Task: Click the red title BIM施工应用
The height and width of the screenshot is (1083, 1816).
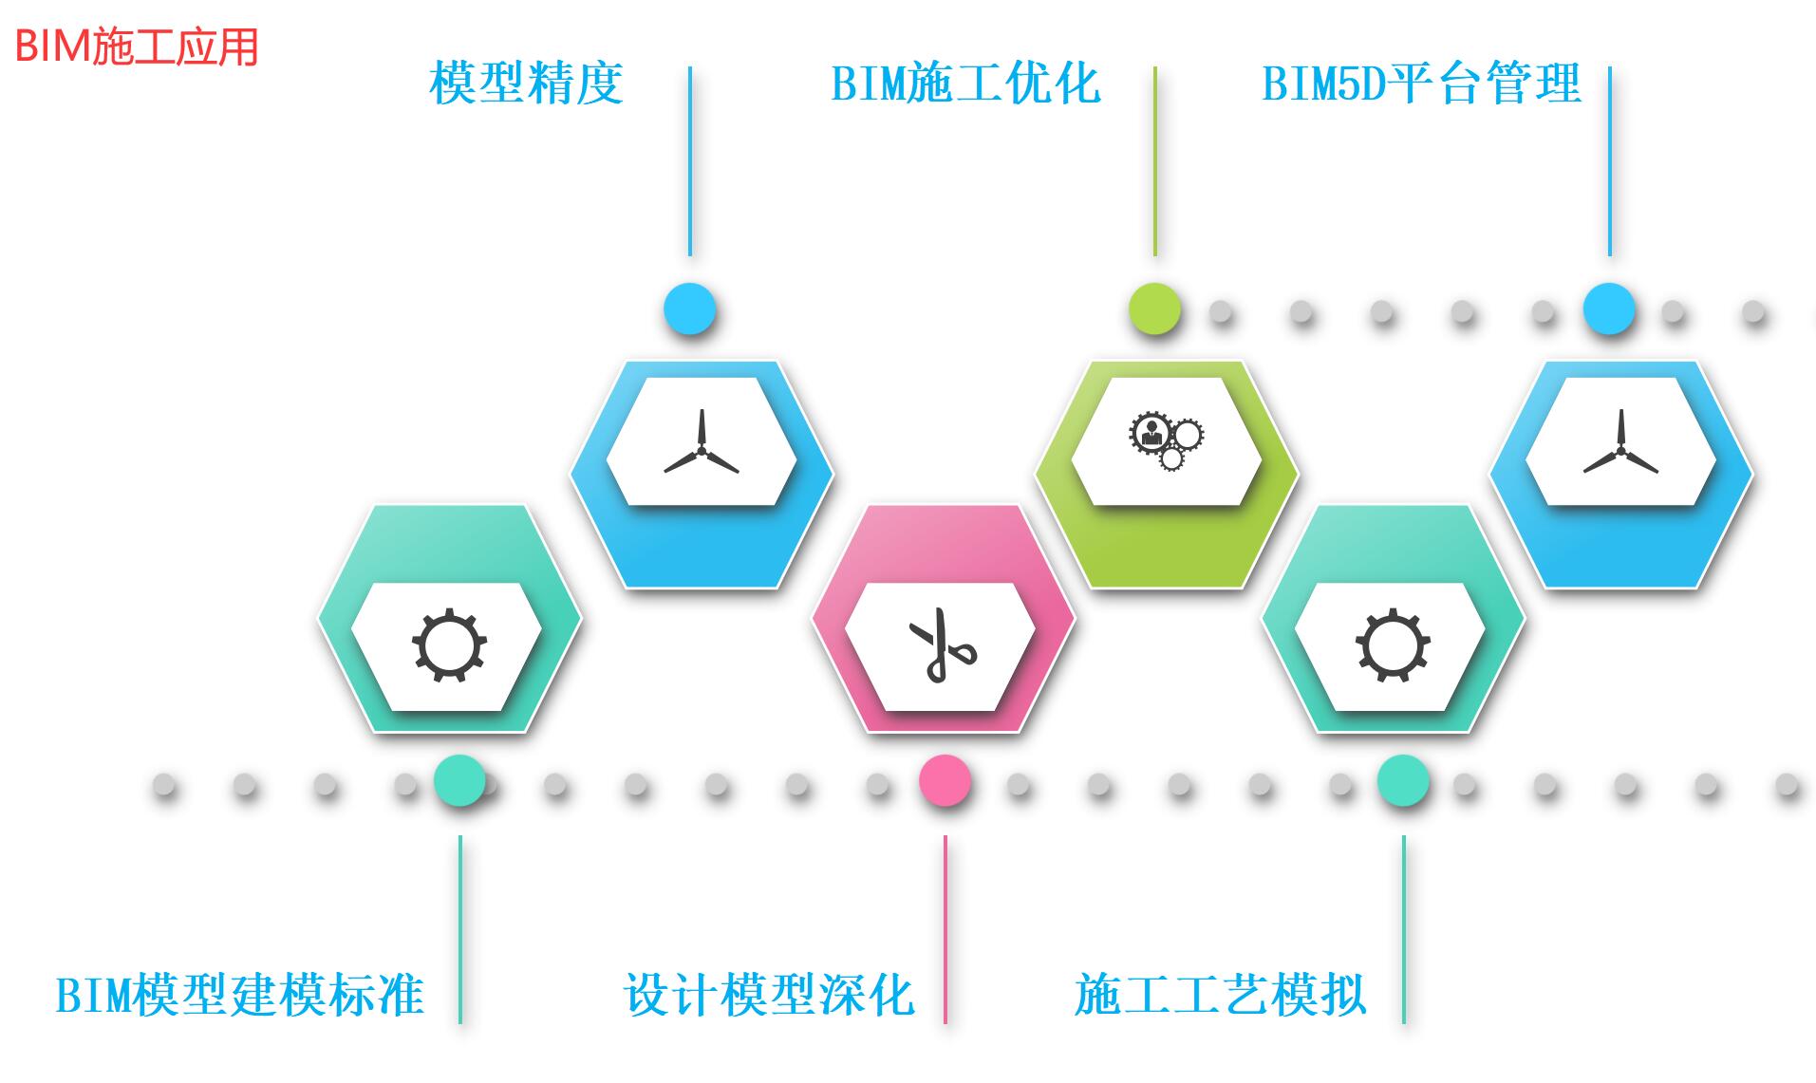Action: pos(137,46)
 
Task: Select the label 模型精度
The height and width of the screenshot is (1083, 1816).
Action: pos(526,84)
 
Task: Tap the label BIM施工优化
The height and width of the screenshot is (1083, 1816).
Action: pos(965,84)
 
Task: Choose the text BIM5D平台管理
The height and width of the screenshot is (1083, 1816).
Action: pos(1421,84)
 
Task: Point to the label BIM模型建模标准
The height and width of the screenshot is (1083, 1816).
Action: pos(239,996)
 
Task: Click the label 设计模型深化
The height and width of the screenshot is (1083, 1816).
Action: pos(769,996)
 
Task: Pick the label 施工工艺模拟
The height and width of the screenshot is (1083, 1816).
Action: pos(1220,996)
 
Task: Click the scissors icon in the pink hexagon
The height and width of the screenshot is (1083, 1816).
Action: pos(941,645)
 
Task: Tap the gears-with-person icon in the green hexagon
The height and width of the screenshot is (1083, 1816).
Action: pos(1166,440)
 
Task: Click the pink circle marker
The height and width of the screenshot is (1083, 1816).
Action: pos(945,781)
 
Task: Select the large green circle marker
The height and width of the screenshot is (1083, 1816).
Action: pos(1154,309)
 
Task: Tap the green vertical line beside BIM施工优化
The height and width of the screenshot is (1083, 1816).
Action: pos(1154,161)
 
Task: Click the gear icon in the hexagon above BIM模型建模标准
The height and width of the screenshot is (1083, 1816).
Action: pos(449,646)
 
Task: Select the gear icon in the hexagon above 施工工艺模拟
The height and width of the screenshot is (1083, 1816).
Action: pos(1393,646)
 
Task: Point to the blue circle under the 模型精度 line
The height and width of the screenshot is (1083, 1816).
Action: pos(689,309)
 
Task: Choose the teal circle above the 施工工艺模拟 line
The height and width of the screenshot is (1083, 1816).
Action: pos(1403,781)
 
